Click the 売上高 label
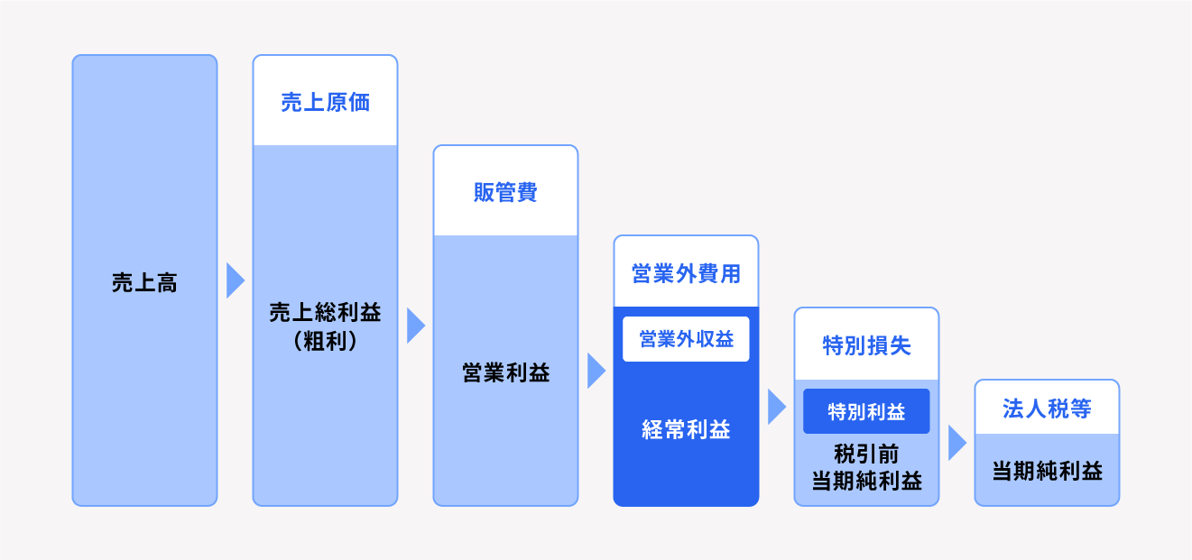(x=144, y=283)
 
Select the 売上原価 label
(x=325, y=102)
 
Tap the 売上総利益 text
(x=325, y=313)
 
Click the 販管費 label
(x=505, y=192)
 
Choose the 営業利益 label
(x=505, y=373)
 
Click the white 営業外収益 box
(x=686, y=339)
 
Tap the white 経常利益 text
(x=686, y=430)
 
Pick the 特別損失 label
(x=866, y=345)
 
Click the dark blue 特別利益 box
(x=866, y=412)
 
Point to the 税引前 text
(x=866, y=453)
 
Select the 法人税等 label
(x=1047, y=409)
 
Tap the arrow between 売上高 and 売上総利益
(x=235, y=280)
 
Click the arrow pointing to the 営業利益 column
(x=415, y=326)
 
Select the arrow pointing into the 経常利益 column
(x=596, y=371)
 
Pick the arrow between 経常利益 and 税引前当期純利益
(x=776, y=407)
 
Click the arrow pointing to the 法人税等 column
(x=956, y=443)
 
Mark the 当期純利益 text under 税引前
(x=866, y=481)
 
